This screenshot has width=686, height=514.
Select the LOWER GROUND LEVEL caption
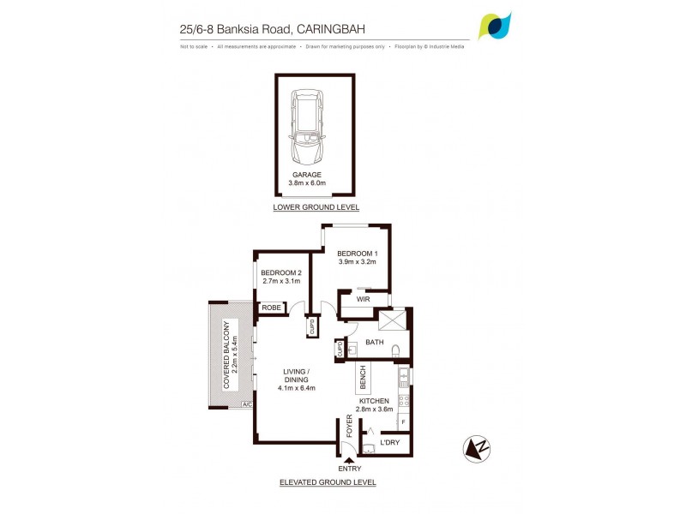click(316, 207)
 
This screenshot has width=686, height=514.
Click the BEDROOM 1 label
click(357, 254)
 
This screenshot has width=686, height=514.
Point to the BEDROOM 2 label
click(281, 272)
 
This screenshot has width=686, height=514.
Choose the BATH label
click(375, 342)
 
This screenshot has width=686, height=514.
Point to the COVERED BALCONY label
click(227, 355)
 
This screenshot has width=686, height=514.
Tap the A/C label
click(247, 403)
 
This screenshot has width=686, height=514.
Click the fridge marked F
click(403, 421)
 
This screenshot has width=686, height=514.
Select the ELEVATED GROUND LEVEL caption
click(328, 482)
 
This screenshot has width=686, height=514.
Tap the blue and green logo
click(496, 26)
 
